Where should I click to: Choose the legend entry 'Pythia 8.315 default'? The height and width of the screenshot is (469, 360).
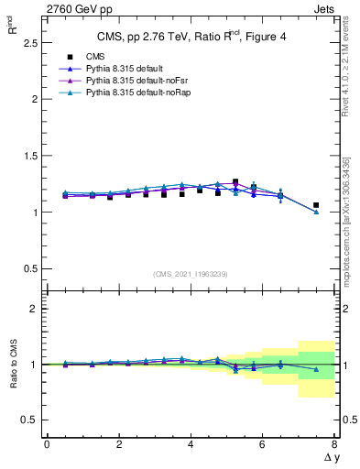(x=115, y=69)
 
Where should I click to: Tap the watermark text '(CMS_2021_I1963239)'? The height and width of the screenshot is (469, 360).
(x=191, y=274)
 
